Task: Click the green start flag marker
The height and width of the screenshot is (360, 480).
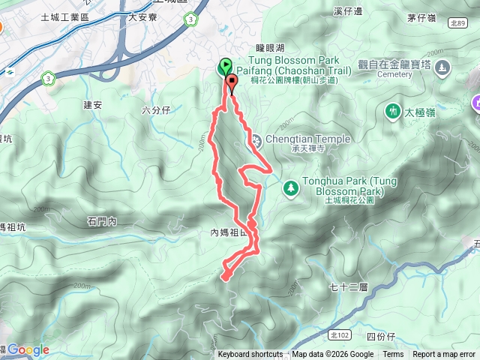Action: click(x=224, y=67)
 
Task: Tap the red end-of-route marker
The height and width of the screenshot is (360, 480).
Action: click(x=231, y=83)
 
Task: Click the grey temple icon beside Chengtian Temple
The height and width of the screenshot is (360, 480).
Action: click(x=255, y=139)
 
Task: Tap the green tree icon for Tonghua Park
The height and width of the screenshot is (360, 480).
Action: click(x=290, y=187)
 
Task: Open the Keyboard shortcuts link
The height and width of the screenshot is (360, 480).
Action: click(x=250, y=355)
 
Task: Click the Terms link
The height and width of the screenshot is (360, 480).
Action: click(x=393, y=355)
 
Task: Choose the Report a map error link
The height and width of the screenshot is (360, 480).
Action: click(x=444, y=355)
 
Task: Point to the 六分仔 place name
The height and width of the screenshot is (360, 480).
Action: click(x=157, y=109)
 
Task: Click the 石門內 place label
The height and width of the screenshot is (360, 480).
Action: click(x=102, y=221)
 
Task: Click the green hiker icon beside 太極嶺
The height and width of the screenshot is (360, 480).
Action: click(x=392, y=112)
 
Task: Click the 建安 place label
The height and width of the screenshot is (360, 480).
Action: click(x=93, y=104)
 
